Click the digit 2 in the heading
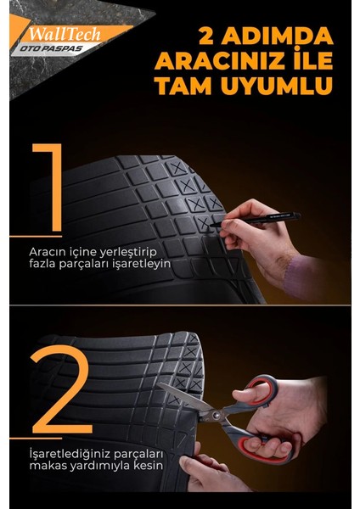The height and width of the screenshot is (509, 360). [x=205, y=38]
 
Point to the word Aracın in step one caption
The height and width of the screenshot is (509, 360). [x=47, y=252]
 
